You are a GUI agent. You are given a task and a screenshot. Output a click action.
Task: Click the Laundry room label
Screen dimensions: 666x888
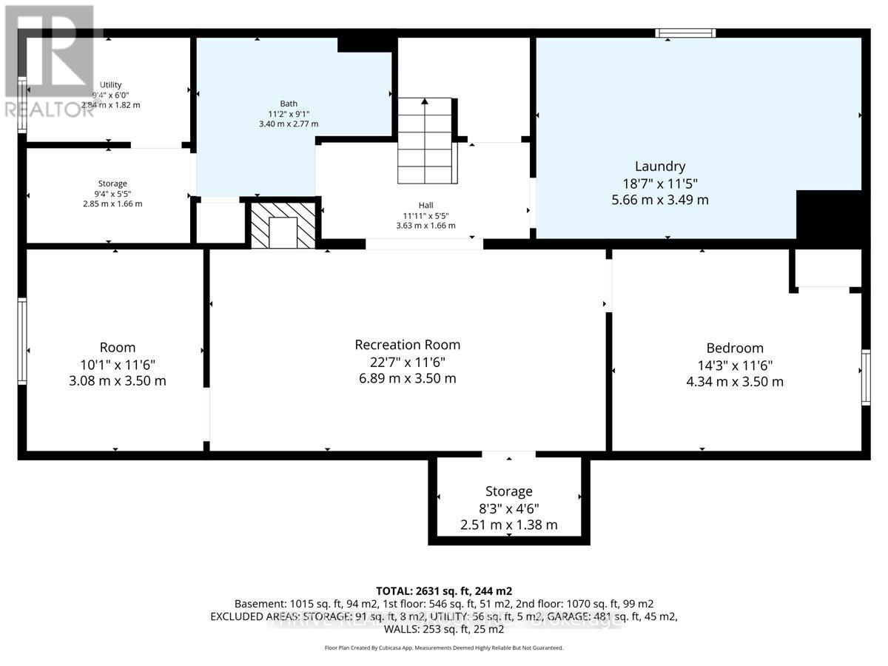tap(659, 166)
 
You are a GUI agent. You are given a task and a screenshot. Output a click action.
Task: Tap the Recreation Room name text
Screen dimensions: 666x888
tap(407, 345)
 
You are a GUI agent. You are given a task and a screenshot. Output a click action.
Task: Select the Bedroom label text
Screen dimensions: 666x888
tap(734, 348)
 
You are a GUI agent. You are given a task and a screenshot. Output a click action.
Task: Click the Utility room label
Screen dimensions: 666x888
tap(111, 84)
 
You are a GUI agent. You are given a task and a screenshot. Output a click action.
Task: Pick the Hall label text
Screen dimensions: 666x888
tap(425, 206)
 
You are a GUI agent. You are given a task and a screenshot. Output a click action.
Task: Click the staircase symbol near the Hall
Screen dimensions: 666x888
tap(425, 141)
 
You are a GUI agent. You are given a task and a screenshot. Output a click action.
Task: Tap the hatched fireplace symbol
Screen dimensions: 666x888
tap(282, 225)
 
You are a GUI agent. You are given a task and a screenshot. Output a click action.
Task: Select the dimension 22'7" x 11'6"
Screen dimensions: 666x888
tap(407, 362)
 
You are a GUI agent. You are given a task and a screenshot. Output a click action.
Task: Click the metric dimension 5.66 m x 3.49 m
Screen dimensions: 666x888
tap(659, 200)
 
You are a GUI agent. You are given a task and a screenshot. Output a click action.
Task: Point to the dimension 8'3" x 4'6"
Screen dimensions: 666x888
tap(508, 508)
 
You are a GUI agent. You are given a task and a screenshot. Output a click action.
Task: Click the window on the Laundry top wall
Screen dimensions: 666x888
tap(687, 32)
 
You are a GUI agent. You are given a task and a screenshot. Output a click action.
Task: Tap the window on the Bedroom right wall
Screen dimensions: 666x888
tap(865, 377)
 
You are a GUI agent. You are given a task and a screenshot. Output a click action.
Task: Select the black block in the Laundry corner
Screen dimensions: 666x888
tap(829, 215)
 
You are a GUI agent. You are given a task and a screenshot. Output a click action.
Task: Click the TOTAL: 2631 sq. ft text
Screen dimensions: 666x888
tap(443, 591)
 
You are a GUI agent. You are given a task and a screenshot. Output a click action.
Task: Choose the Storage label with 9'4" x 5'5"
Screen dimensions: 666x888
tap(112, 184)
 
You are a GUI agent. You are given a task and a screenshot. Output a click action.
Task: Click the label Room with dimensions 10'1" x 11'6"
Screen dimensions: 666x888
tap(118, 348)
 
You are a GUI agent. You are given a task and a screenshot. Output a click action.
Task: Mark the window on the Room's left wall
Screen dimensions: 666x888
tap(22, 341)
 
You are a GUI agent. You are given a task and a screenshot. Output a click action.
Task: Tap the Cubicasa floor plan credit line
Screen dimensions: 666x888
tap(443, 647)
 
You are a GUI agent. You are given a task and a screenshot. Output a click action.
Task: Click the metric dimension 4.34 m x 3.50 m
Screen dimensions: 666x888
tap(734, 382)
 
